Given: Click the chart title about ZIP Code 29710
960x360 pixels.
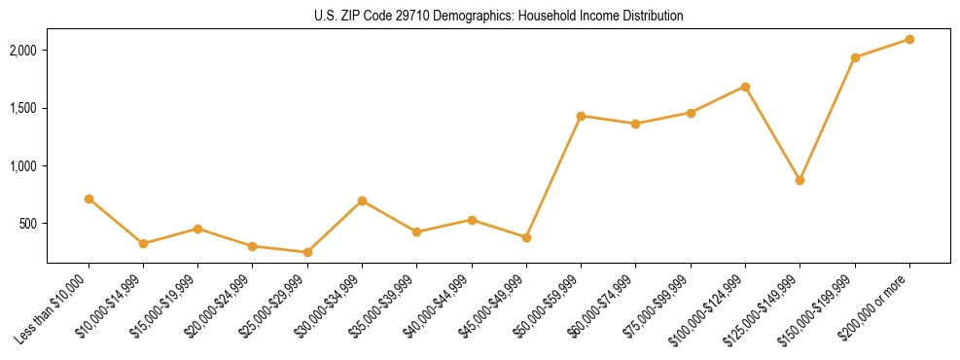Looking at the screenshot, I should coord(499,16).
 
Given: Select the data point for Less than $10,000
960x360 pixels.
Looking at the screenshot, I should coord(89,198).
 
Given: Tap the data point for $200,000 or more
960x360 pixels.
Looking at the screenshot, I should coord(909,39).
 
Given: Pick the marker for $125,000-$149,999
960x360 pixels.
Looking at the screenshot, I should coord(800,180).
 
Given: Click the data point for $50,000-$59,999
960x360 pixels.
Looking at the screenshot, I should coord(581,116).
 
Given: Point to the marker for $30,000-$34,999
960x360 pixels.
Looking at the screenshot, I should coord(362,200).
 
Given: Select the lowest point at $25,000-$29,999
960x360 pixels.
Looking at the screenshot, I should coord(307,252).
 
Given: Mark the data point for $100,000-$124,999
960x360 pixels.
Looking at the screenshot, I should coord(745,87).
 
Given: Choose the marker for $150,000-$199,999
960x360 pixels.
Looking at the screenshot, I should coord(855,57).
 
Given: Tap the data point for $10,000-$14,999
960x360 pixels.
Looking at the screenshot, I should coord(143,243).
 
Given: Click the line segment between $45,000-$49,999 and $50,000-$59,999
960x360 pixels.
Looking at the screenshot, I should coord(553,176).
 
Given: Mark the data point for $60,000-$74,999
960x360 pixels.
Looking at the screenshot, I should coord(635,124).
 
